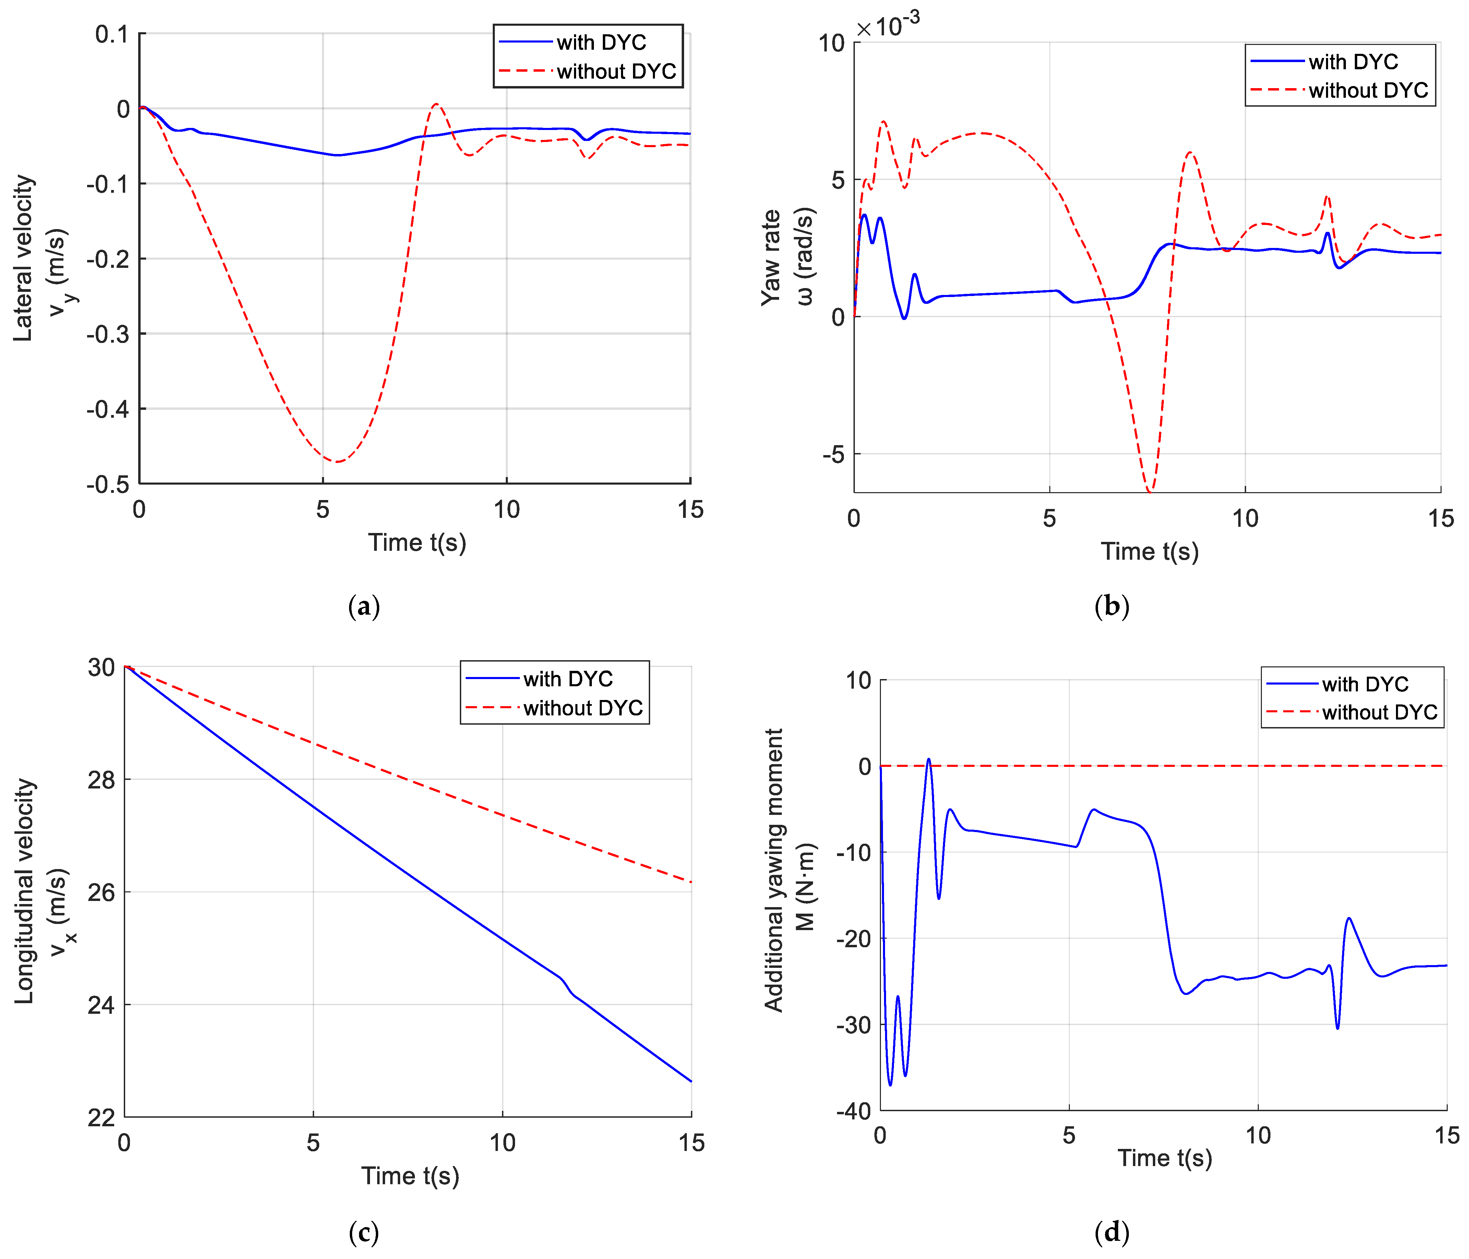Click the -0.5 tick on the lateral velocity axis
point(108,485)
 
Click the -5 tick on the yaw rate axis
point(834,454)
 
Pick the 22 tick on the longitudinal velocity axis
point(101,1118)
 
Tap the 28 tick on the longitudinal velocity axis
point(101,780)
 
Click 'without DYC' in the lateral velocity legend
point(616,72)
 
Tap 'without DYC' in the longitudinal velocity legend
point(583,708)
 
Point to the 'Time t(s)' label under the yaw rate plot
point(1149,551)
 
